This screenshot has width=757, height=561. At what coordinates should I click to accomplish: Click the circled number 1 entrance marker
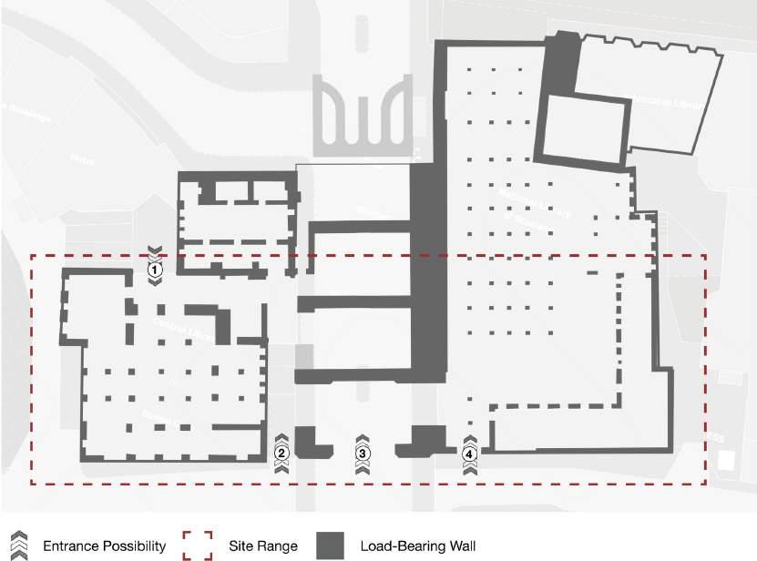155,270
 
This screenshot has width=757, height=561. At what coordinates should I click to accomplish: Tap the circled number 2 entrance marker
281,453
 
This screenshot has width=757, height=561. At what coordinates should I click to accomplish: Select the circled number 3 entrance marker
362,453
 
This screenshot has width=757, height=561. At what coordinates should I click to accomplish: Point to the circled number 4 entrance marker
469,453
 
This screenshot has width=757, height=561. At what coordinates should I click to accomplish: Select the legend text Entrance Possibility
104,546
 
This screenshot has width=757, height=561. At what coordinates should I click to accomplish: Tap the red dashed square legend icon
196,546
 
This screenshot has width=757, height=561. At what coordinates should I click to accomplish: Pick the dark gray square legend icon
332,546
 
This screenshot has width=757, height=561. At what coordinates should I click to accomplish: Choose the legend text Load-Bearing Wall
416,546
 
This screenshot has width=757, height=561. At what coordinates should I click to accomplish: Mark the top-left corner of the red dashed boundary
32,256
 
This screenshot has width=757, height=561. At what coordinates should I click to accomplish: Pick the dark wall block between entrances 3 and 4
425,438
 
